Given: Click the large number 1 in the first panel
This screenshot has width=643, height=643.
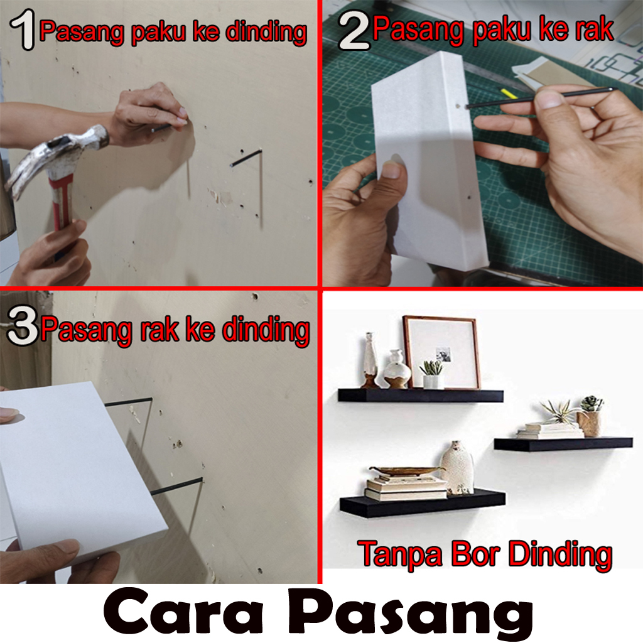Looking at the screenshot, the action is pos(23,30).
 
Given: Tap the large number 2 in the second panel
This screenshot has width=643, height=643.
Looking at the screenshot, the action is pos(354,31).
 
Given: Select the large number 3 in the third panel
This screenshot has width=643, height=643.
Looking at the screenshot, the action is pos(23,326).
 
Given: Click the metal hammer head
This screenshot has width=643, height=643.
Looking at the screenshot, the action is pos(53,158).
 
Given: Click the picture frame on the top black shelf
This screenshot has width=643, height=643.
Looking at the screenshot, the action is pos(441,352).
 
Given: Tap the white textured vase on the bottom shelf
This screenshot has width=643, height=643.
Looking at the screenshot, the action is pos(457,468).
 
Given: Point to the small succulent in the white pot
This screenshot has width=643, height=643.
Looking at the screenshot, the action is pos(432,374).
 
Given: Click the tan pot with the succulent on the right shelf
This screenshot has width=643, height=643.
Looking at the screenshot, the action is pos(589,423).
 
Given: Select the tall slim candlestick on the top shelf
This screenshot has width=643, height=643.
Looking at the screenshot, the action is pos(370,360).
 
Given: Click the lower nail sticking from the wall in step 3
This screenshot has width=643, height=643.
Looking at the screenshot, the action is pos(176,485).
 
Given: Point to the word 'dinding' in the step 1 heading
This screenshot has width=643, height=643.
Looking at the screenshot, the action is pos(266,33).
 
